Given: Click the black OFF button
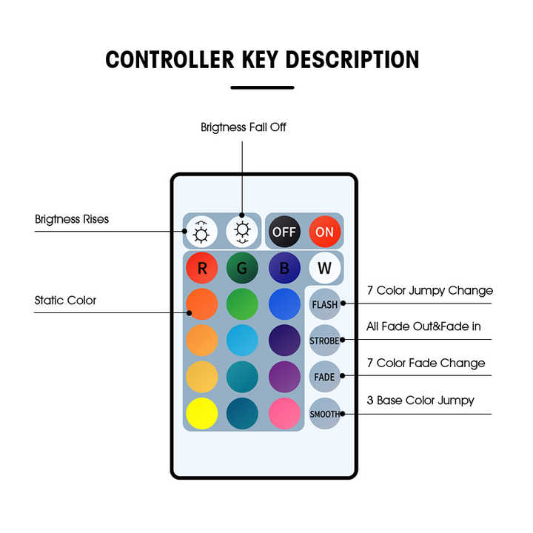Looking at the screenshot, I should coord(284,232).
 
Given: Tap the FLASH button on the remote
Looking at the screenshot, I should coord(324,304).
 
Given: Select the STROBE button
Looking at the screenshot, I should coord(324,341).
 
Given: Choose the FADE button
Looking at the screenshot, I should coord(324,377).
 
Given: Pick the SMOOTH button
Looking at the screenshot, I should coord(324,414).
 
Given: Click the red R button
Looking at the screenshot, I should coord(201,268).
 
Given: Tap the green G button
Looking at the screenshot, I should coord(242,268).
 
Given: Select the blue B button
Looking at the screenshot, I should coord(284,268).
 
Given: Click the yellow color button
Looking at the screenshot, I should coord(201,414).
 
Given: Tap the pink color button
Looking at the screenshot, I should coord(284,414).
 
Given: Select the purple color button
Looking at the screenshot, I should coord(284,377).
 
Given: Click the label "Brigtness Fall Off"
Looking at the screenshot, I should coord(243,127).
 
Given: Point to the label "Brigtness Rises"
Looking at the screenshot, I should coord(72,219).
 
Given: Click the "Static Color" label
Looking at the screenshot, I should coord(65,301).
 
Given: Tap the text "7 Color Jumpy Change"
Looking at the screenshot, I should coord(429,290).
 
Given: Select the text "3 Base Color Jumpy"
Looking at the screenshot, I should coord(420,400).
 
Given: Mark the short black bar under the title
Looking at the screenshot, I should coord(262,87).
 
